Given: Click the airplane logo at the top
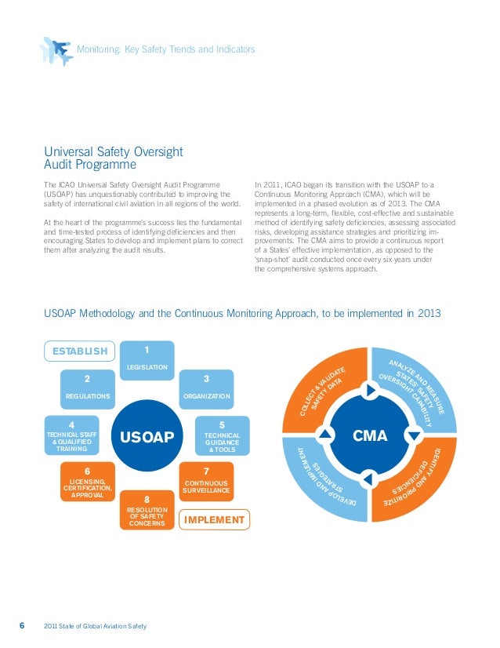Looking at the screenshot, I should point(55,50).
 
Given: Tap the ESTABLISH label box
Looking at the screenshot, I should point(79,351).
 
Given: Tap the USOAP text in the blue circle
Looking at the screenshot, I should point(147,436).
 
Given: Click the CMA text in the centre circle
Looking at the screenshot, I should point(370,434).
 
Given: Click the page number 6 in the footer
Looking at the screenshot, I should point(22,625).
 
